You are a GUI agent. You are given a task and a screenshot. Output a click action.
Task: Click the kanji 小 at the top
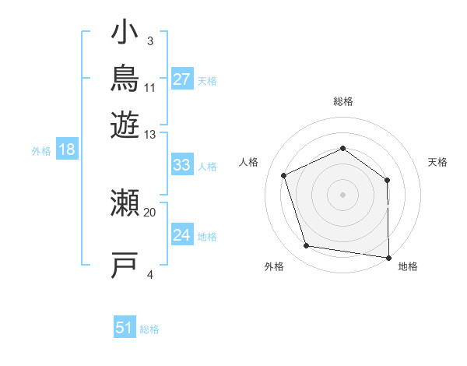(x=125, y=32)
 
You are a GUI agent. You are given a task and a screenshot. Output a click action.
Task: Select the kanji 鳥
(x=125, y=78)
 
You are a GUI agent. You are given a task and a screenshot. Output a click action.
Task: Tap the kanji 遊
(x=125, y=125)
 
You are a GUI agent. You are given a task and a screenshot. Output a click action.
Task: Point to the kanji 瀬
(x=125, y=202)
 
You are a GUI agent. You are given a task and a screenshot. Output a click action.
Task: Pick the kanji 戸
(x=125, y=265)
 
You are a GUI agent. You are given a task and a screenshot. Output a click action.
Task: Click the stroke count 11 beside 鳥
(x=149, y=88)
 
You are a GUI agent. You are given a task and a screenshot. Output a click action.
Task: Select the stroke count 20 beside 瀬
(x=149, y=213)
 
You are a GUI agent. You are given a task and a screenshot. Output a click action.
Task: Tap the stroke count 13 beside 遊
(x=149, y=135)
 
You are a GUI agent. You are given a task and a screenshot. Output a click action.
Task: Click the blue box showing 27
(x=182, y=79)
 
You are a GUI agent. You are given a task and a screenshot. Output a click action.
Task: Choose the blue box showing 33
(x=182, y=164)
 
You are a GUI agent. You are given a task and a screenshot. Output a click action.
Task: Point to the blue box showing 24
(x=182, y=234)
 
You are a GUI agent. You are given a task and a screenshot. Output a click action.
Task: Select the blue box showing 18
(x=67, y=149)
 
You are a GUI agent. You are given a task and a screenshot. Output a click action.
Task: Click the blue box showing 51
(x=125, y=326)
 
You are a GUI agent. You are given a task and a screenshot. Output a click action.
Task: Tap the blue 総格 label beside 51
(x=149, y=329)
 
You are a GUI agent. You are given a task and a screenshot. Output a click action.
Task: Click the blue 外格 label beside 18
(x=41, y=151)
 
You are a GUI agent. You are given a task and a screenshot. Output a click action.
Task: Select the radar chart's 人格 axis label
(x=248, y=162)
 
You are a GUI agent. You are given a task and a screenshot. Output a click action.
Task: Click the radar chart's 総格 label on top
(x=343, y=101)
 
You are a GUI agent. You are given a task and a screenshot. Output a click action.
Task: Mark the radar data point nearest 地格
(x=388, y=258)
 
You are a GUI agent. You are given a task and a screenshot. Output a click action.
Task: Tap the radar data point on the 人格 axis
(x=284, y=175)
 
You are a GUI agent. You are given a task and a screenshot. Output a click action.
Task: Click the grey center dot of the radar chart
(x=342, y=195)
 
